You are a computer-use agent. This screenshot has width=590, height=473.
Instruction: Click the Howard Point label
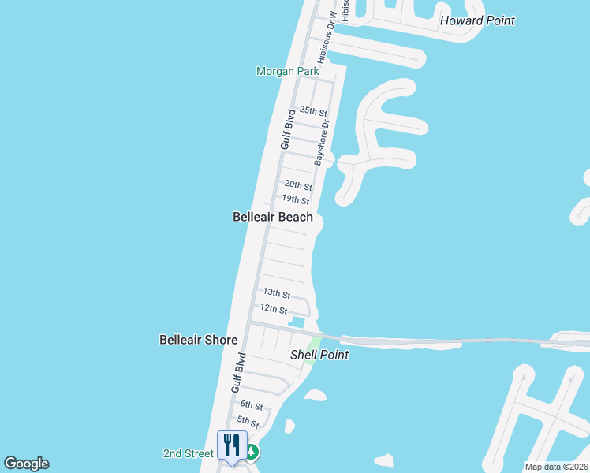pos(477,20)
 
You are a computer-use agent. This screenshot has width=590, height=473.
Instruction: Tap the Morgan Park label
pos(287,71)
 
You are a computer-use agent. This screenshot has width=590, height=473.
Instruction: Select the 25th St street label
pos(313,111)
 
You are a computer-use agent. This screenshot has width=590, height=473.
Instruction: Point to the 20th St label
pos(298,185)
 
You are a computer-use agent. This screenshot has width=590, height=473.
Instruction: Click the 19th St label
pos(296,200)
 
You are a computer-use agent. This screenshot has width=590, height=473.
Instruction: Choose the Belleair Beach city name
pos(273,217)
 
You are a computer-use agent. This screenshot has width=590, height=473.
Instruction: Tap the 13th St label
pos(277,293)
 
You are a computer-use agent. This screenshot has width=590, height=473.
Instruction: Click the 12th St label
pos(273,309)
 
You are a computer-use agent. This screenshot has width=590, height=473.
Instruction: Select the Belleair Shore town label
pos(198,340)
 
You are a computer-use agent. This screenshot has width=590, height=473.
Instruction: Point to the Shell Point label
pos(319,355)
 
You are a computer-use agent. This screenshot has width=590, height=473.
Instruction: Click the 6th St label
pos(252,404)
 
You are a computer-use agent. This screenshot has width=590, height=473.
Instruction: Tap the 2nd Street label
pos(188,453)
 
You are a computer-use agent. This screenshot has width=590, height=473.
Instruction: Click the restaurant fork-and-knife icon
pos(232,445)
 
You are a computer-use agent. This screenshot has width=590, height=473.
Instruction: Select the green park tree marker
pos(252,453)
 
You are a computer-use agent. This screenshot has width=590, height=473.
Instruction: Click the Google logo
pos(26,464)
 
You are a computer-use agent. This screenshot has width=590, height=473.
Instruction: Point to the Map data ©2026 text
pos(556,467)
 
